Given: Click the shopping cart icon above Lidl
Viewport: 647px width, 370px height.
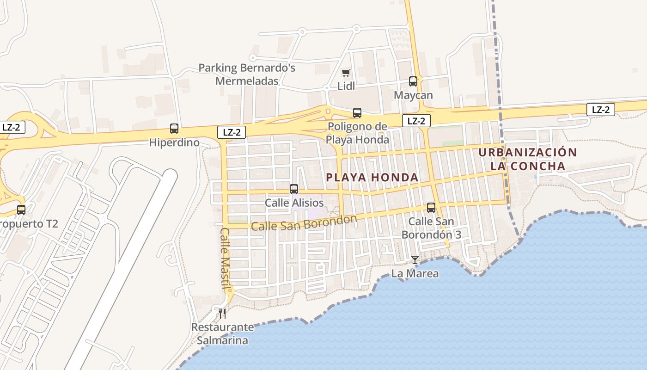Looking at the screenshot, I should (346, 73).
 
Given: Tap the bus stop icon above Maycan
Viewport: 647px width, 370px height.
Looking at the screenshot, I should (413, 81).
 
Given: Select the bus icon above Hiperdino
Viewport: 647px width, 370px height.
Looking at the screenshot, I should (174, 129).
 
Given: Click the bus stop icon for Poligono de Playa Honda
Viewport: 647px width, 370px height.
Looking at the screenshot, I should (357, 112).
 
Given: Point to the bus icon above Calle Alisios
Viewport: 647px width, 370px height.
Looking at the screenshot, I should (294, 189).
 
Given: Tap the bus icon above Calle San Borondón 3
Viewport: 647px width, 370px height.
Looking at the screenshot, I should (431, 208).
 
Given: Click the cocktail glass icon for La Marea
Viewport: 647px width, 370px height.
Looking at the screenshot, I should (415, 260).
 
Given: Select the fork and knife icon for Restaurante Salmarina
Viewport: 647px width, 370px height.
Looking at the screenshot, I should (222, 314).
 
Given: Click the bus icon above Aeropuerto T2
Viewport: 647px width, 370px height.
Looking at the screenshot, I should (21, 210).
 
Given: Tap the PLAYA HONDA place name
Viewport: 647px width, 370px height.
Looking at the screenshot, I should (372, 177).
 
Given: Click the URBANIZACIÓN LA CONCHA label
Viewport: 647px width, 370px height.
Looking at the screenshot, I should (528, 159).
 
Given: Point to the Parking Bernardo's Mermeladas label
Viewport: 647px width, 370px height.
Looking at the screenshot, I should (247, 74).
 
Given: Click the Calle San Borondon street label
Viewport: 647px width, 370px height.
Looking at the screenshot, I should (304, 223).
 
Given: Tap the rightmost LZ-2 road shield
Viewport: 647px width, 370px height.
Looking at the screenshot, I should (601, 110).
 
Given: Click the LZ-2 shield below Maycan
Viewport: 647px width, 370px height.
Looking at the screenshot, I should (416, 121).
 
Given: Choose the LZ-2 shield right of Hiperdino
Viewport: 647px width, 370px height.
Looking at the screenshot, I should (232, 132).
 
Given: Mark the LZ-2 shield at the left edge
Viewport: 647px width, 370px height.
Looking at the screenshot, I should (12, 128).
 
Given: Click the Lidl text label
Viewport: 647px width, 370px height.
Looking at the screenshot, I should (346, 86).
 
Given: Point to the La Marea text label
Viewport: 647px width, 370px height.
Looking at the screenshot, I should (415, 273).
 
